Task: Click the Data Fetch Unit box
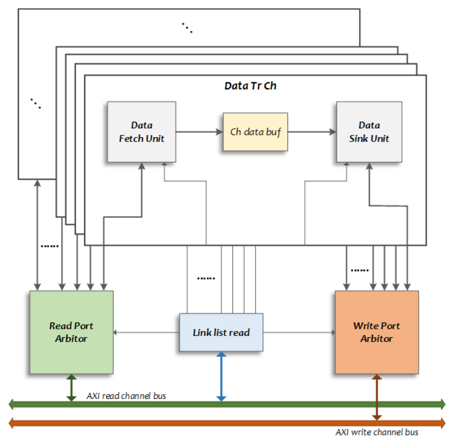(142, 132)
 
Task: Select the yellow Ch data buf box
(255, 132)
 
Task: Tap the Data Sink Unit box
(369, 132)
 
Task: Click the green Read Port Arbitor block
(71, 332)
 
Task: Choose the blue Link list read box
(221, 332)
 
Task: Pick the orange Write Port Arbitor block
(377, 332)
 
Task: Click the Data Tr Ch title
(250, 86)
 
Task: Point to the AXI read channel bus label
(126, 396)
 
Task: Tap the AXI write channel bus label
(377, 432)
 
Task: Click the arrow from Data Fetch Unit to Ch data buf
(199, 132)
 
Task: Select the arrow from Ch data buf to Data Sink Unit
(312, 132)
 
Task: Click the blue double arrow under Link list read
(221, 376)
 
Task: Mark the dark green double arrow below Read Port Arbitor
(71, 387)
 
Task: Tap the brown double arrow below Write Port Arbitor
(377, 397)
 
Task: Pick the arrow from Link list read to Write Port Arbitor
(299, 332)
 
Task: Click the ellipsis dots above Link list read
(206, 278)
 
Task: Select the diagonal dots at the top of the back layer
(187, 28)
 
